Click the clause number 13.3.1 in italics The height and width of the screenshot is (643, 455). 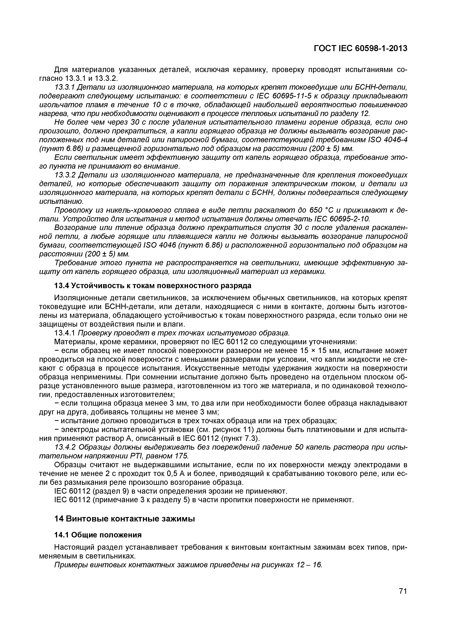[x=64, y=87]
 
